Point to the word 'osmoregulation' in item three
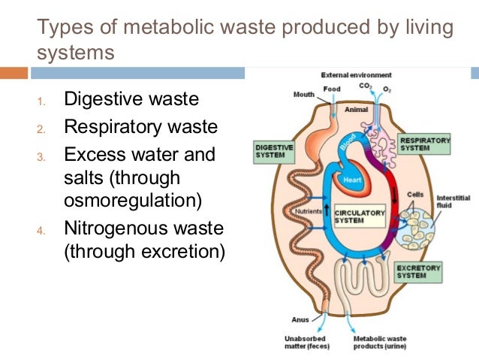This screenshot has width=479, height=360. (133, 201)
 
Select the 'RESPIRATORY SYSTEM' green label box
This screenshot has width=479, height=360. (425, 144)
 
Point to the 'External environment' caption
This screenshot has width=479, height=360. (356, 76)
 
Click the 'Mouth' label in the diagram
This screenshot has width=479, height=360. (303, 95)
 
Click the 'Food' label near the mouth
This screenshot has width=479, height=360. (332, 89)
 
